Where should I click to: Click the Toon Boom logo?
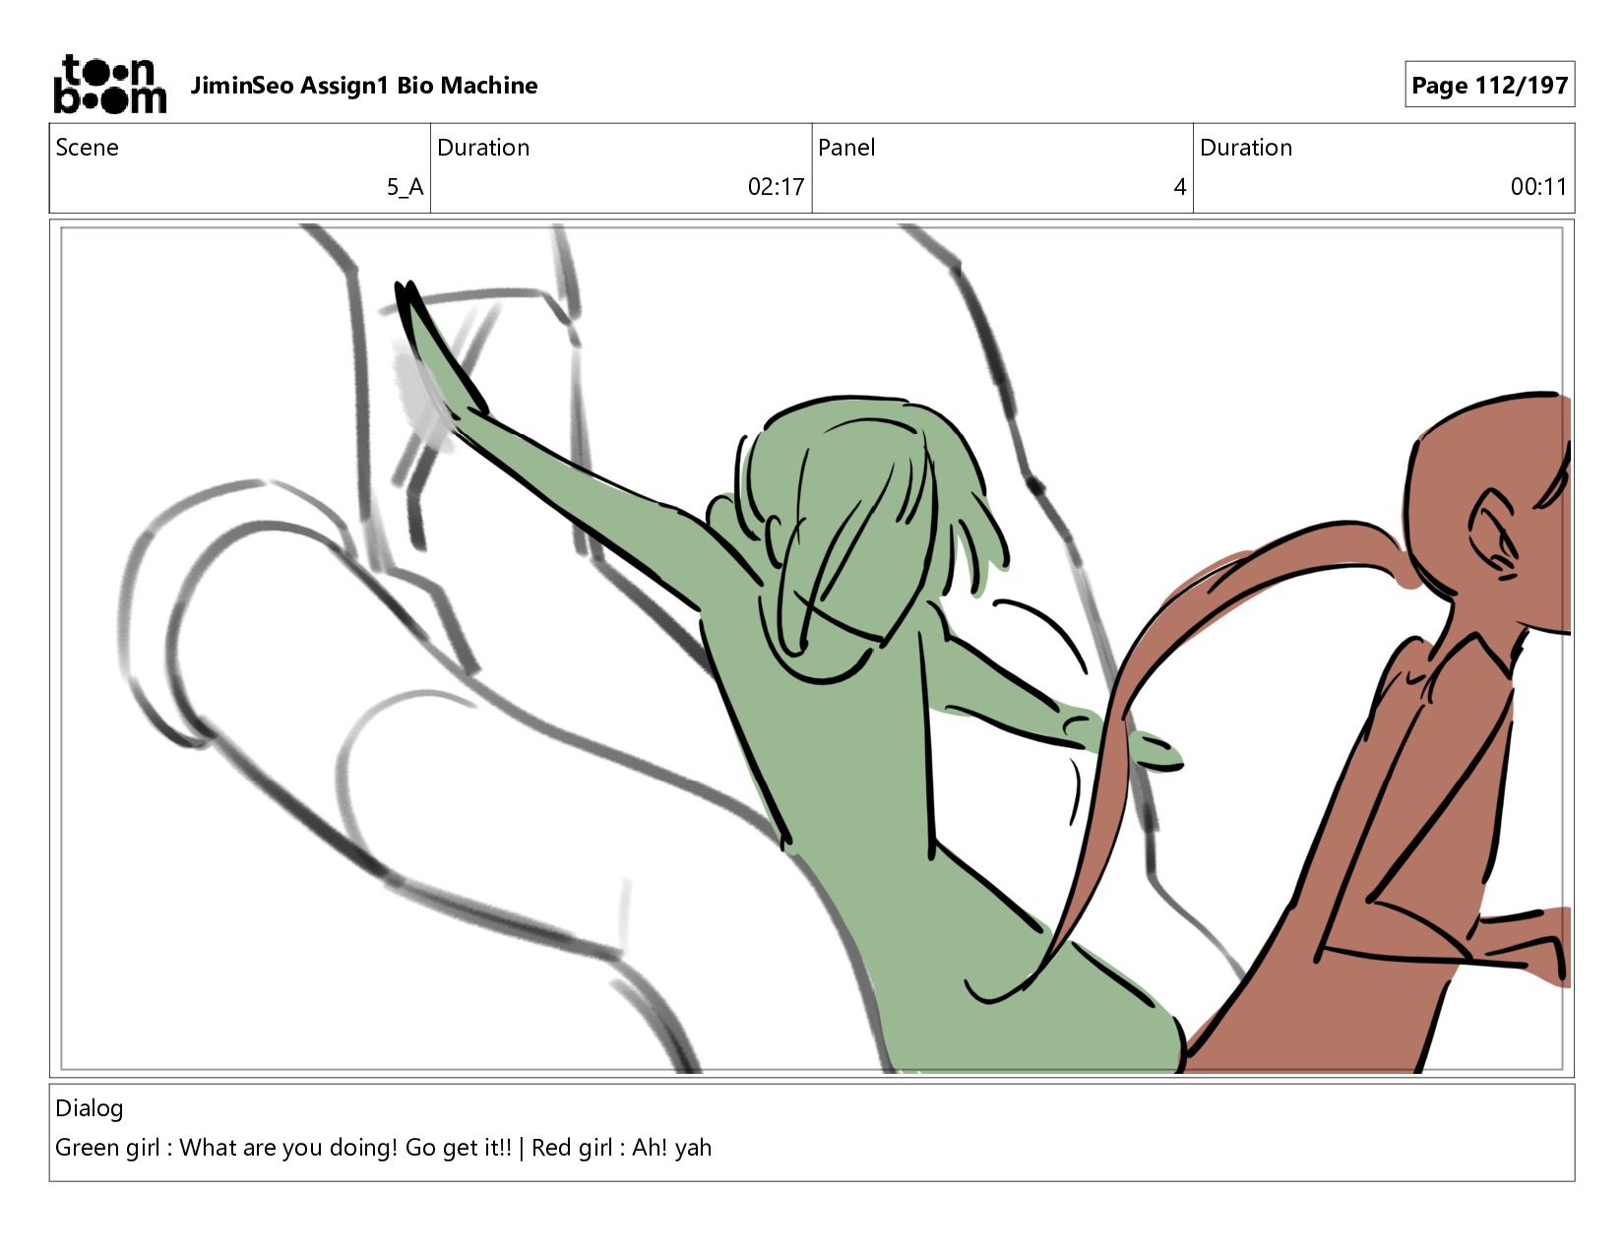tap(110, 85)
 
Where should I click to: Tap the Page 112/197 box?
tap(1489, 85)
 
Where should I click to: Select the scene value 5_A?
tap(406, 187)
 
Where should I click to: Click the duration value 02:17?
tap(776, 187)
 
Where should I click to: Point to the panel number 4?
tap(1179, 187)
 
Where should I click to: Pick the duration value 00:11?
tap(1538, 187)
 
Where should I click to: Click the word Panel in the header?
tap(846, 148)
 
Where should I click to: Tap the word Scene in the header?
tap(87, 148)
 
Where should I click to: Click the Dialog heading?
tap(89, 1108)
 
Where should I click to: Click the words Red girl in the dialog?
tap(572, 1148)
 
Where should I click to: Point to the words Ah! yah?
tap(672, 1148)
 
